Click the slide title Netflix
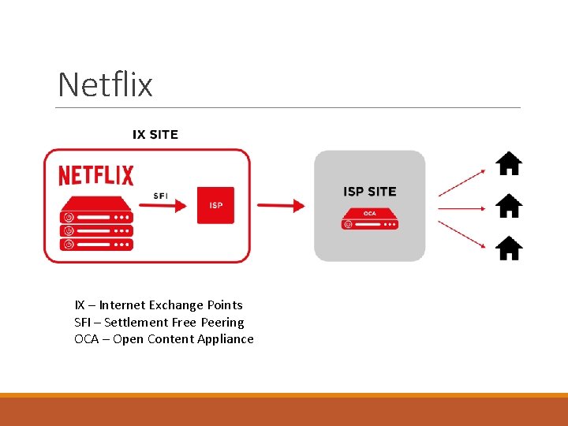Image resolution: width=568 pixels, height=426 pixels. (105, 84)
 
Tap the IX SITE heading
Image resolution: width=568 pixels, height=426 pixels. (155, 134)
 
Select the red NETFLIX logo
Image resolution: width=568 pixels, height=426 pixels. (96, 175)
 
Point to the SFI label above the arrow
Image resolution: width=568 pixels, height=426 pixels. (159, 195)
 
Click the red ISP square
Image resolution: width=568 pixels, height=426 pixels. (215, 205)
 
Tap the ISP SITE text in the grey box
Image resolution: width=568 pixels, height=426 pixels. (370, 192)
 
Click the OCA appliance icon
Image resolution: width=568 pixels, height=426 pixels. (370, 219)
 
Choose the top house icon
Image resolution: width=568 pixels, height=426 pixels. (509, 163)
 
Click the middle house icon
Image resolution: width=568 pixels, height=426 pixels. (509, 206)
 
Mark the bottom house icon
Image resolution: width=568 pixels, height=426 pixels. (509, 248)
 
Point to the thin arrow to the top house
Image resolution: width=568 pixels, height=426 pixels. (461, 181)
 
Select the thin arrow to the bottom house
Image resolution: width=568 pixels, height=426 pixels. (461, 234)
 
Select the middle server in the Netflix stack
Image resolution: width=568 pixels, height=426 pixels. (96, 230)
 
